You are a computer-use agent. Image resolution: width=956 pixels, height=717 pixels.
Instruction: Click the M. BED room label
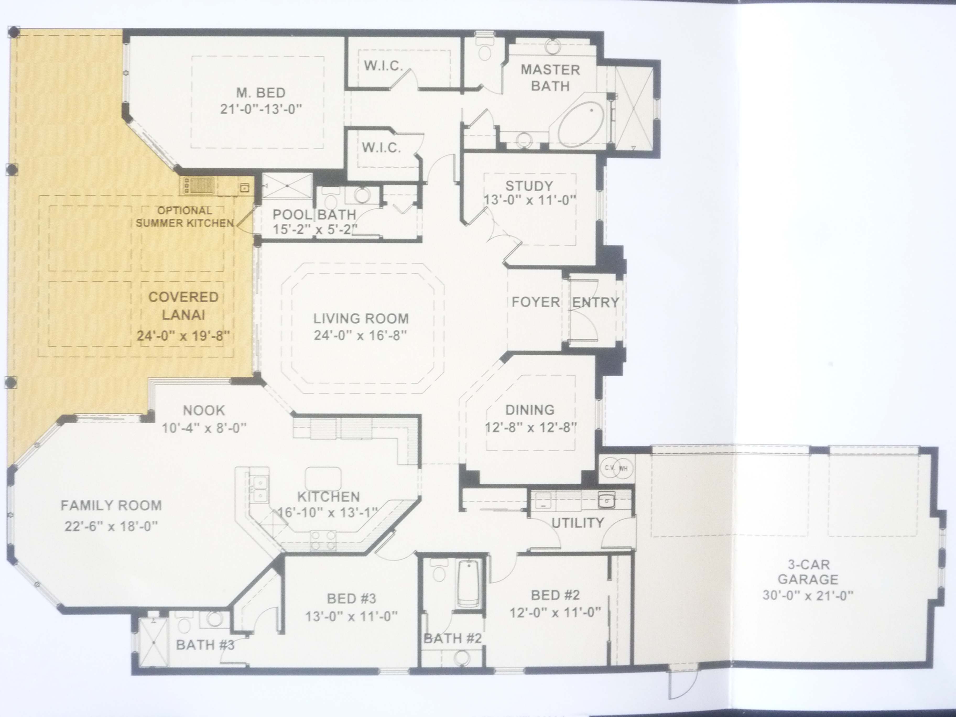pos(260,93)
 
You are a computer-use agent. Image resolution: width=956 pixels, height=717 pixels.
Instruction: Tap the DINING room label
pos(530,409)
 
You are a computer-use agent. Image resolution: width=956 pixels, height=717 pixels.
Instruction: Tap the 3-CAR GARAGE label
pos(808,572)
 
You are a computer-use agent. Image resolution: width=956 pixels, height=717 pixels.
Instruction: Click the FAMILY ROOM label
pos(111,505)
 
